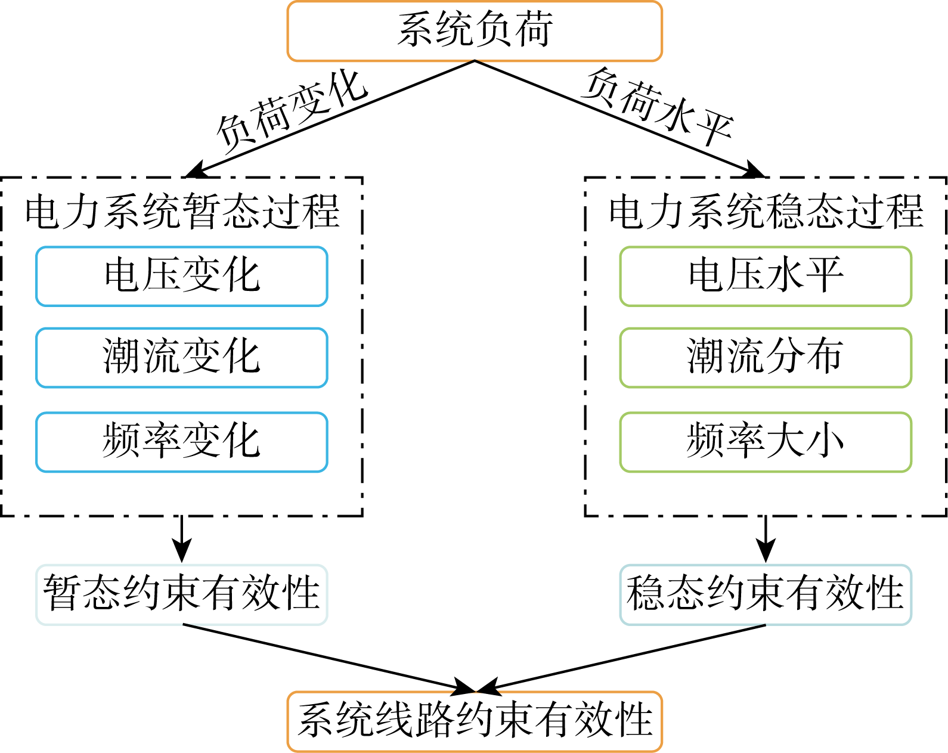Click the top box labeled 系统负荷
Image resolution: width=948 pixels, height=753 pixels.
click(475, 31)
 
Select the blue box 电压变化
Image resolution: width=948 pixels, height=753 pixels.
click(182, 277)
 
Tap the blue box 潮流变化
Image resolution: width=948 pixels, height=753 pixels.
click(182, 358)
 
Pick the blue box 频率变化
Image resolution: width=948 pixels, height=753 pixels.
click(182, 442)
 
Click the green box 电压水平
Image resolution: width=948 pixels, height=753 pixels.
click(766, 277)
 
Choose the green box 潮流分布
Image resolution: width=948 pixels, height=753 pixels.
click(766, 358)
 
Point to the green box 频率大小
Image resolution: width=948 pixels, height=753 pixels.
click(766, 442)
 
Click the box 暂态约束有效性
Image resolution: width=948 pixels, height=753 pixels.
click(182, 594)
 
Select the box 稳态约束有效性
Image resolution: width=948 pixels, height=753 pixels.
click(766, 594)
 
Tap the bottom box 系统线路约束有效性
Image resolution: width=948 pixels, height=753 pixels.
click(475, 721)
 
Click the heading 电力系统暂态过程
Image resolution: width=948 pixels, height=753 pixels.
click(182, 212)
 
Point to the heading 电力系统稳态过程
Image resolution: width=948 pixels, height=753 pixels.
click(766, 212)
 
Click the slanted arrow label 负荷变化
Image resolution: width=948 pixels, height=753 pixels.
click(292, 109)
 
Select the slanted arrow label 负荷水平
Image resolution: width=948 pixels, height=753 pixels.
click(658, 107)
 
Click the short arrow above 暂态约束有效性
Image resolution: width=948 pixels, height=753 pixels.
click(182, 540)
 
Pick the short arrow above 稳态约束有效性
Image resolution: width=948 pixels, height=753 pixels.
click(766, 540)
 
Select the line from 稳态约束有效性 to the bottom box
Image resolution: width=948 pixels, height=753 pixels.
click(626, 658)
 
